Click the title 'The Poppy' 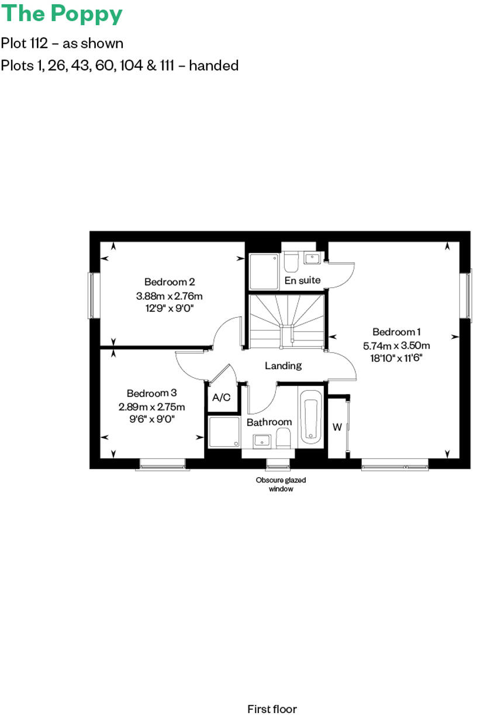[x=61, y=14]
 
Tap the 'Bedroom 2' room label [x=170, y=281]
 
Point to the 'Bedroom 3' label [x=151, y=393]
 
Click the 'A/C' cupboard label [x=221, y=398]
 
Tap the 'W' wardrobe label [x=337, y=427]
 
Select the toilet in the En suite [x=291, y=262]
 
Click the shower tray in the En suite [x=264, y=271]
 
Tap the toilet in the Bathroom [x=283, y=438]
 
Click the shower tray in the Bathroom [x=224, y=432]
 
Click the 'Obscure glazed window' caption [x=281, y=485]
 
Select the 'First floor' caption [x=272, y=709]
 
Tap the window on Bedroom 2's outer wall [x=92, y=295]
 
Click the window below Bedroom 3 [x=163, y=464]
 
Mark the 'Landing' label [x=284, y=366]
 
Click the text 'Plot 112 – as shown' [x=62, y=43]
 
